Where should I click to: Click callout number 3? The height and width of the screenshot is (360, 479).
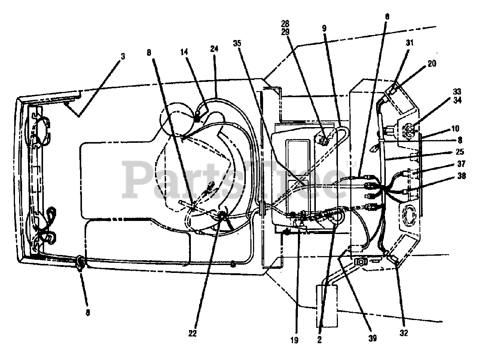tap(123, 57)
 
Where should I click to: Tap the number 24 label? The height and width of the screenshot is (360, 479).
tap(214, 49)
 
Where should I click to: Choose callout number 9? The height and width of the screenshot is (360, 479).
tap(324, 28)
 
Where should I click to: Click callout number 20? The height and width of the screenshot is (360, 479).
tap(431, 64)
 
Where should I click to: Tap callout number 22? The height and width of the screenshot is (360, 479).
tap(192, 333)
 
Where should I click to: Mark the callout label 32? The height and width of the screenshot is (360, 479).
tap(404, 333)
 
